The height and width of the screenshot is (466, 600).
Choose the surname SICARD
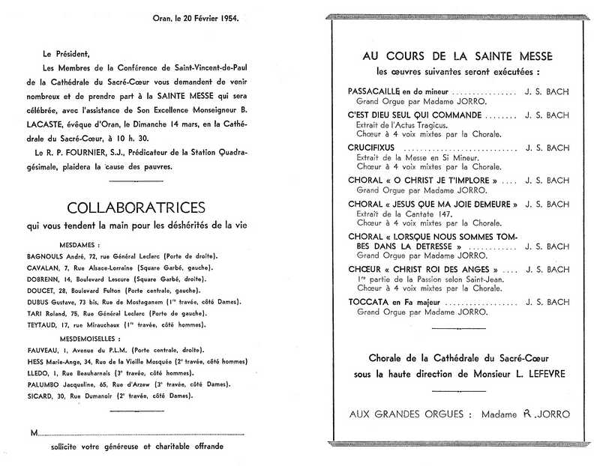click(40, 395)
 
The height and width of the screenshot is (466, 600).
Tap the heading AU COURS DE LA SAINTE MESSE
click(457, 56)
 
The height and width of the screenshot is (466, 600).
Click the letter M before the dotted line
click(34, 432)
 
